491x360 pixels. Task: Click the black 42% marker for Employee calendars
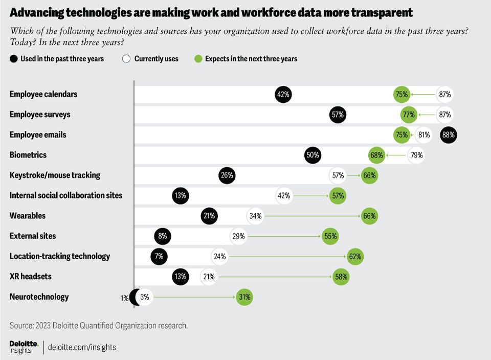point(283,95)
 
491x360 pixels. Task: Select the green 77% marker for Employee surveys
point(409,115)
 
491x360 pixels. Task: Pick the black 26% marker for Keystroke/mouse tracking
point(227,175)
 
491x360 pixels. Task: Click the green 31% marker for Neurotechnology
point(244,297)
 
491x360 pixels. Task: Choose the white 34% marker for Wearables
point(255,216)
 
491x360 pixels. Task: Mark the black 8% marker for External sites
point(163,236)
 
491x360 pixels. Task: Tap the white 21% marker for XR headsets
point(208,277)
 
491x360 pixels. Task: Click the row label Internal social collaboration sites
point(66,195)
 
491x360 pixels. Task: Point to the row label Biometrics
point(28,155)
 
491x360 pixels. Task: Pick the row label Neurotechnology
point(39,297)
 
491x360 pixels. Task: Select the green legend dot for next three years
point(198,59)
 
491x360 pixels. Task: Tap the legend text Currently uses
point(157,59)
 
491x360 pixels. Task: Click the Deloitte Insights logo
point(24,347)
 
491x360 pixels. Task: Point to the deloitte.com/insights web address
point(82,347)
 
